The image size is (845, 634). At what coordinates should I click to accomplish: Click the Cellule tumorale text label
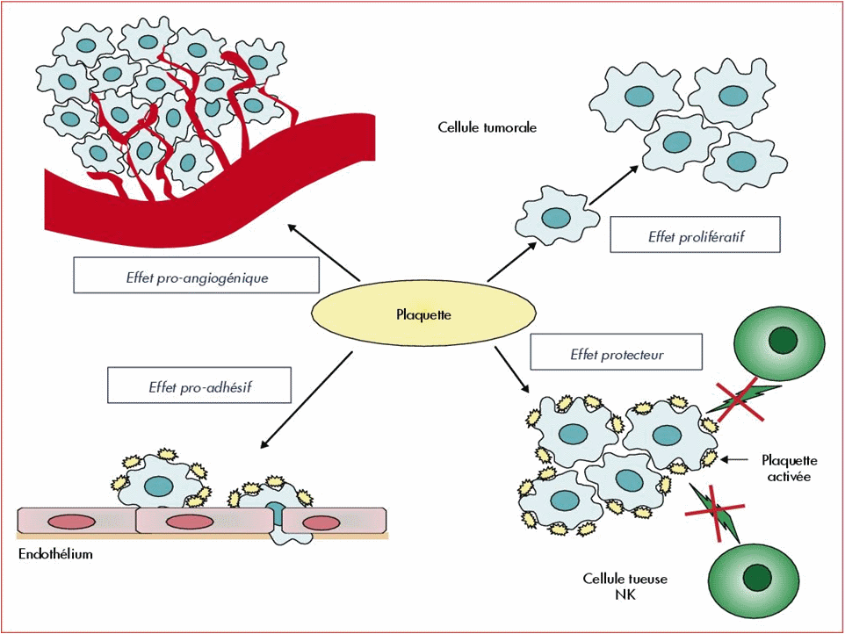[487, 128]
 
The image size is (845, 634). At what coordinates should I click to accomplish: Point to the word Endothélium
[54, 555]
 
